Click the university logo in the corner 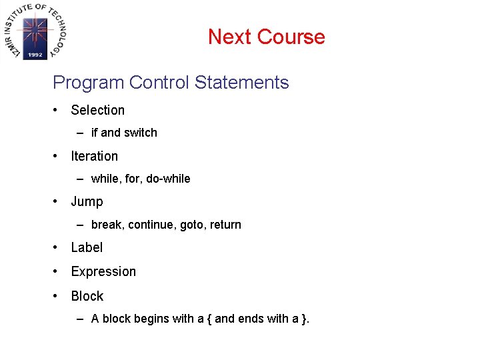(x=35, y=31)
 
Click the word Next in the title (x=229, y=37)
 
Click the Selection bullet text (x=98, y=110)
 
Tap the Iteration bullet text (x=94, y=156)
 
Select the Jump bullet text (x=87, y=201)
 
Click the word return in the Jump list (x=225, y=225)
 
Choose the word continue (x=151, y=225)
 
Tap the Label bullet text (x=87, y=247)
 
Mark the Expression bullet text (x=103, y=271)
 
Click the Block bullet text (x=87, y=296)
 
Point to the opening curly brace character (x=209, y=319)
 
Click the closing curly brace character (x=305, y=319)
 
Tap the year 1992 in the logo (x=35, y=55)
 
